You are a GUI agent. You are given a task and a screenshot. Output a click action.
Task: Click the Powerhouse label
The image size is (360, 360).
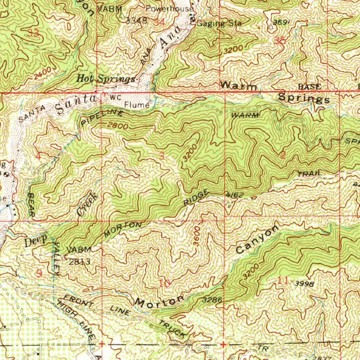click(169, 8)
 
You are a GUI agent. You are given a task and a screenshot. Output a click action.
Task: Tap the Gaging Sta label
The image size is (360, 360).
click(219, 24)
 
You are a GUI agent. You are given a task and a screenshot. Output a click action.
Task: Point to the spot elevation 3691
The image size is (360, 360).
click(282, 22)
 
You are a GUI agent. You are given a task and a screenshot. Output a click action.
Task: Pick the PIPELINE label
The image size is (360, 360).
click(102, 117)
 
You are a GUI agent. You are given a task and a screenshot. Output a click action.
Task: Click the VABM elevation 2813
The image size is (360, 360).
click(79, 262)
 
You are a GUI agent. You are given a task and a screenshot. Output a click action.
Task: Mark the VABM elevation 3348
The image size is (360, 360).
click(136, 20)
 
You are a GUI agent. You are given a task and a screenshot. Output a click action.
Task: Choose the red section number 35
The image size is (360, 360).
click(280, 41)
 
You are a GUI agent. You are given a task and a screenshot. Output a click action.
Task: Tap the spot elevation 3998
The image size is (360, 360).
click(304, 283)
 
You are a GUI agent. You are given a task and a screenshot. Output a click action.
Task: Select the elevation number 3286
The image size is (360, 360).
click(212, 300)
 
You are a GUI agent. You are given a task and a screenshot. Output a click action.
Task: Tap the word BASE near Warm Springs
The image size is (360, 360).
click(309, 86)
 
